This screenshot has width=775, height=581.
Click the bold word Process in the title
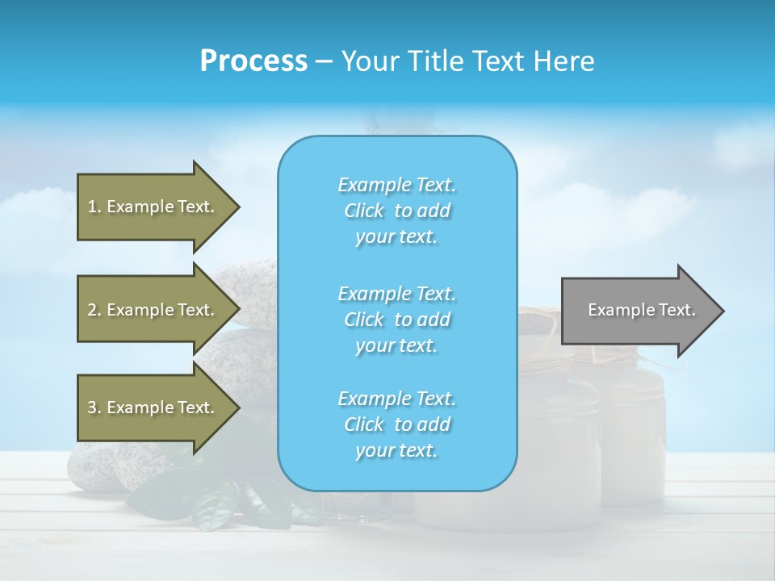pos(253,61)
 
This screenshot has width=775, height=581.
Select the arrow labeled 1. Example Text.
pos(153,207)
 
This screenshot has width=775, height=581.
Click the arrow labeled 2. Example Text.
pos(153,310)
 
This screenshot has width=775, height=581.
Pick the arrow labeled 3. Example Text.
pos(153,408)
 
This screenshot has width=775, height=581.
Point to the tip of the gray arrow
pos(722,311)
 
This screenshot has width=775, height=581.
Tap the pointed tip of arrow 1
pos(237,207)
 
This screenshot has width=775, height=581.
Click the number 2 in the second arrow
pos(92,310)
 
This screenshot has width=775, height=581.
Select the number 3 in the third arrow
pos(92,408)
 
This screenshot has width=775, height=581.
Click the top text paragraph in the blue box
pos(396,211)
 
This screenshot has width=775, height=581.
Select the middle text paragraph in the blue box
pos(396,320)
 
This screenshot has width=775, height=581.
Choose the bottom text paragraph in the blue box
pos(396,424)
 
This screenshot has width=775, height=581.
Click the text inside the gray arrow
pos(641,310)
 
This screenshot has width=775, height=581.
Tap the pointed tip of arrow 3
pos(237,408)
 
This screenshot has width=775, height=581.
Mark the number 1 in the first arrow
pos(91,207)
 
